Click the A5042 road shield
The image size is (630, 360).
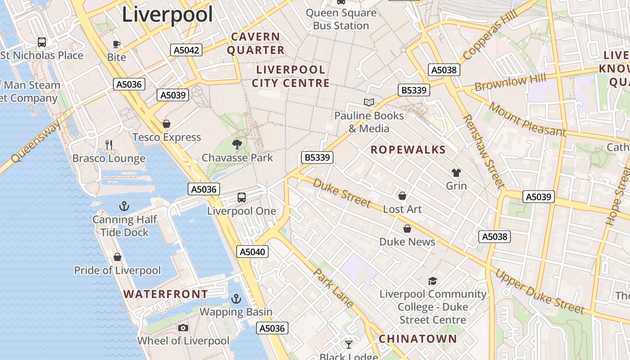(186, 50)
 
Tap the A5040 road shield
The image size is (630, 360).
(252, 252)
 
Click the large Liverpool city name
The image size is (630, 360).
(167, 14)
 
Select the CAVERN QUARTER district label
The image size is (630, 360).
(256, 43)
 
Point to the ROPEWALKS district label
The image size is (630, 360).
(408, 150)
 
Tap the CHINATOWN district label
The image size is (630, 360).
(418, 339)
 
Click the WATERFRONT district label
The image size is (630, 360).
(166, 294)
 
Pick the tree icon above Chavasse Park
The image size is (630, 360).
(237, 144)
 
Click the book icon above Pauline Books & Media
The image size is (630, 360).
(369, 102)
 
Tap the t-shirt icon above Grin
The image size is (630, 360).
(456, 173)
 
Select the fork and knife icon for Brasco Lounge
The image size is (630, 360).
(108, 144)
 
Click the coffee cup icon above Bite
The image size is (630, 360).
(117, 44)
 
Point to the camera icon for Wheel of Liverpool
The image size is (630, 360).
(183, 328)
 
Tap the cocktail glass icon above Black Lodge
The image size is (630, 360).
(348, 345)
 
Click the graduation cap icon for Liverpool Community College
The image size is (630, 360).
(432, 281)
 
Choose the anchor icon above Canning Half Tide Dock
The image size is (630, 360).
(124, 206)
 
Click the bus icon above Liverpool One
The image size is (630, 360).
(242, 197)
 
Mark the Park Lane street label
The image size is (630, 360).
(333, 288)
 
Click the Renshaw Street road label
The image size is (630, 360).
(483, 151)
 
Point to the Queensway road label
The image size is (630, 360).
(36, 142)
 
